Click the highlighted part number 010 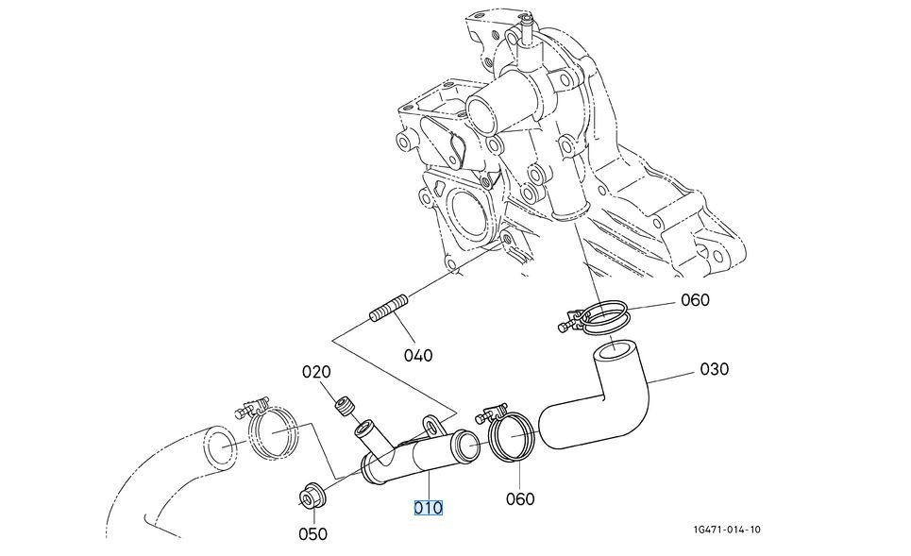click(428, 508)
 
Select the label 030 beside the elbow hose click(714, 369)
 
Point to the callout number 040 click(417, 356)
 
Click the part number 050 click(312, 533)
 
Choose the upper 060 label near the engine click(695, 301)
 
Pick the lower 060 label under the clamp click(520, 498)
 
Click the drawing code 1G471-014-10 click(725, 530)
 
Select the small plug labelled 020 click(345, 408)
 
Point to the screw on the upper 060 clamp click(566, 327)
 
